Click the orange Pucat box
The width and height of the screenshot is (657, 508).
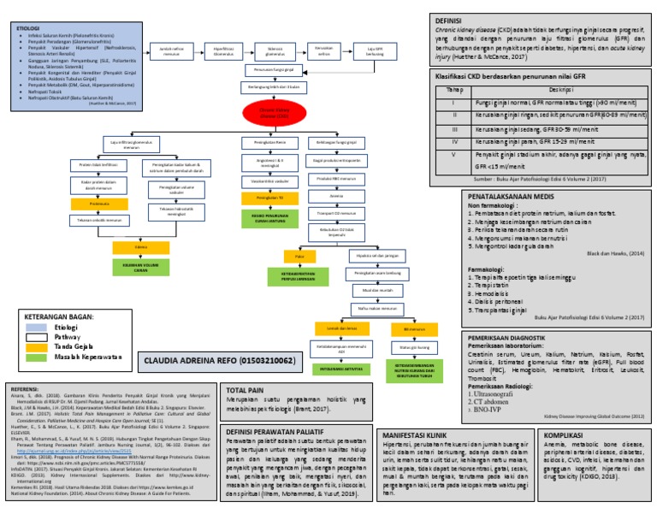[x=299, y=256]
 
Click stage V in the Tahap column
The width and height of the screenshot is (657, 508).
[x=455, y=155]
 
